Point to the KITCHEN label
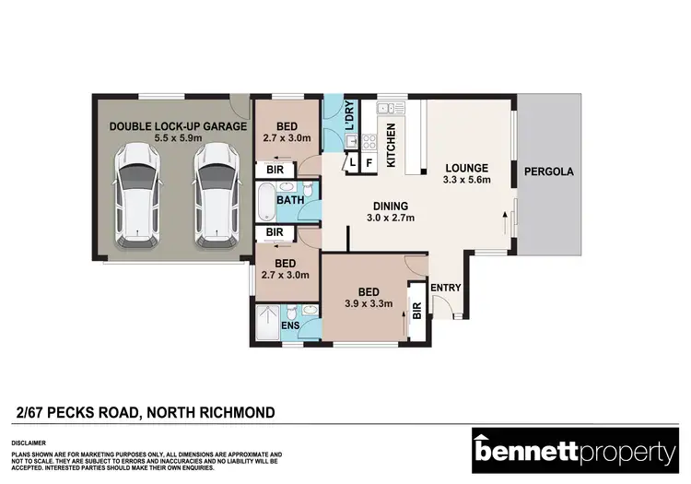(x=391, y=145)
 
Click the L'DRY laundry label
(x=349, y=118)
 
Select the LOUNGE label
(x=466, y=168)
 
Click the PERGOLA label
(x=548, y=171)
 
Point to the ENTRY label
(x=447, y=288)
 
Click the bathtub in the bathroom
(x=266, y=199)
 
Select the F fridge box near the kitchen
(x=369, y=163)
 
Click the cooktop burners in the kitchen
(x=369, y=142)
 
